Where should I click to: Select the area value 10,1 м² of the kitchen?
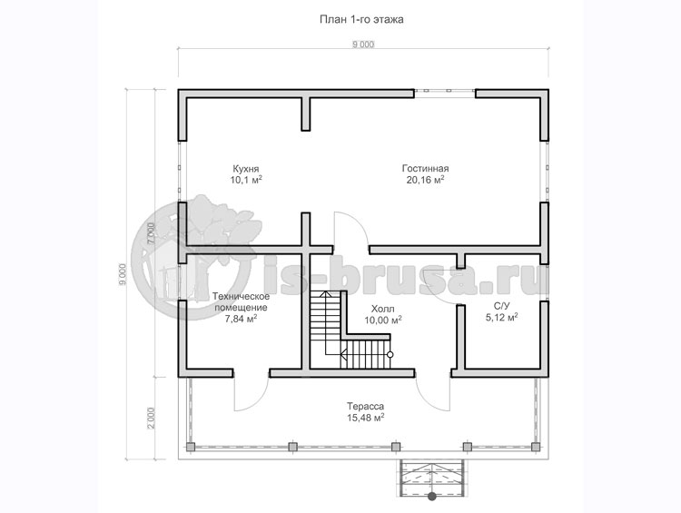[246, 181]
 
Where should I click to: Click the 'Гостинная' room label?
[426, 169]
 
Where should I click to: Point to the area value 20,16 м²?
[426, 181]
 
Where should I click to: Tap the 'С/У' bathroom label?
[501, 306]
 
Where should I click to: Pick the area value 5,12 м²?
[501, 318]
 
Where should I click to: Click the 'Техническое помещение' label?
[241, 301]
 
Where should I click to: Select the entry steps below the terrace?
[431, 476]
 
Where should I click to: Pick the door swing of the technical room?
[249, 391]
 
